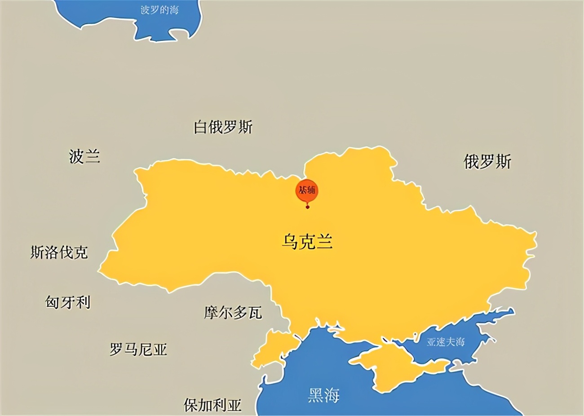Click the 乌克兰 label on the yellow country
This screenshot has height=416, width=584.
pos(307,242)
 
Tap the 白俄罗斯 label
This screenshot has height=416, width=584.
pos(223,127)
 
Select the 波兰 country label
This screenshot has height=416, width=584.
pos(84,156)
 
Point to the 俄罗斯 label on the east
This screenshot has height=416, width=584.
pos(487,161)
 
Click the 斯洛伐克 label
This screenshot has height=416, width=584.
pos(59,252)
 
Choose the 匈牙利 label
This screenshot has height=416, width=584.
pos(68,302)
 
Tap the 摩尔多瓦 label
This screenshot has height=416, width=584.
pos(233,312)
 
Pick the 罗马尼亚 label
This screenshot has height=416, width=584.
pos(138,349)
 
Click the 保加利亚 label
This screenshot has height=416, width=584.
pos(212,405)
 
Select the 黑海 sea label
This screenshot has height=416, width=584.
pos(324,395)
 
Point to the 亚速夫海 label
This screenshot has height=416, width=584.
pos(445,342)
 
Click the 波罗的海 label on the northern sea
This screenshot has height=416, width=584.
pos(159,10)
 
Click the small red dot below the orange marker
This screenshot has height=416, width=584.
pos(307,207)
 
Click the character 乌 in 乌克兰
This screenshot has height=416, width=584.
pos(290,242)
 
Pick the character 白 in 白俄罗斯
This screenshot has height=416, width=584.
pos(200,127)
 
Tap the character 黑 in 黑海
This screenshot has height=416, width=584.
pos(315,395)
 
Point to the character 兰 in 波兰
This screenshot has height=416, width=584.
pos(92,156)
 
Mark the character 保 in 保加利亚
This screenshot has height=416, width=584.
pos(191,405)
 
